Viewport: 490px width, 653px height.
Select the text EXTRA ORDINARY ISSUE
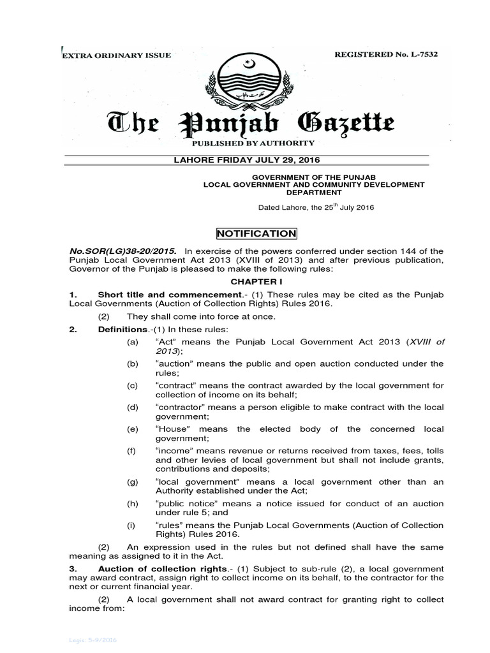(x=116, y=55)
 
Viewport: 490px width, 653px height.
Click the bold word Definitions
(x=122, y=329)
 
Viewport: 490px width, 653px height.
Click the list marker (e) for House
(x=133, y=429)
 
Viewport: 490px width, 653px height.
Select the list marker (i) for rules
(x=132, y=525)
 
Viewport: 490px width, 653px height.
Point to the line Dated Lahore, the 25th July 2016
(x=315, y=207)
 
